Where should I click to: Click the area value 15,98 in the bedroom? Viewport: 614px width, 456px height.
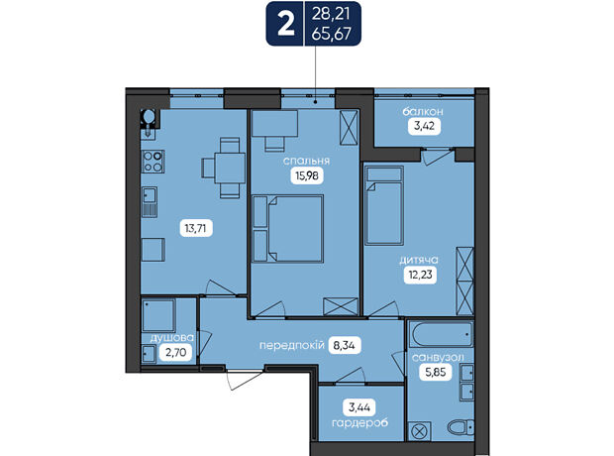pos(307,175)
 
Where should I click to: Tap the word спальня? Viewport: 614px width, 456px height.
pos(306,161)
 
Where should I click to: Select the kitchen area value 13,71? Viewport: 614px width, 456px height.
pos(195,228)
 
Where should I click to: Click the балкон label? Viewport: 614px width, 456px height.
pos(423,112)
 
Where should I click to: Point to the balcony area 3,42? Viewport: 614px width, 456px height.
pos(424,127)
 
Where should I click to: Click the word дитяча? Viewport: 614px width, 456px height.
pos(419,260)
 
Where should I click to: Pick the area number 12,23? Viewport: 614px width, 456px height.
pos(421,275)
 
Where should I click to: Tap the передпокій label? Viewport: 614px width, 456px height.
pos(292,345)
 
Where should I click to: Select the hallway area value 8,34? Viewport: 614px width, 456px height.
pos(344,345)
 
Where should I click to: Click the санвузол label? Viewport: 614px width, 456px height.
pos(438,357)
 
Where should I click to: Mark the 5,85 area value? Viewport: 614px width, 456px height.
pos(436,372)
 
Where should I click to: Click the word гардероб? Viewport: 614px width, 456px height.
pos(359,423)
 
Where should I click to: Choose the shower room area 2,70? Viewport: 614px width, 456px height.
pos(176,353)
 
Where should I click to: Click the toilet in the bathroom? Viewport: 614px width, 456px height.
pos(460,427)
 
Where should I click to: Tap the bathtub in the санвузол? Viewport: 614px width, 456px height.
pos(441,334)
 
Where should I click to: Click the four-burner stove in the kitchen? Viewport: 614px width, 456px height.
pos(153,162)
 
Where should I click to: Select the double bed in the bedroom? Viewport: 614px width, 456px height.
pos(295,229)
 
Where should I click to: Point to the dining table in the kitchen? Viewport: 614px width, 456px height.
pos(230,168)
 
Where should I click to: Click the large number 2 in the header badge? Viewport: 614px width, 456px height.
pos(286,25)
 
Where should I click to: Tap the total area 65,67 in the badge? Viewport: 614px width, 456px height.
pos(332,34)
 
